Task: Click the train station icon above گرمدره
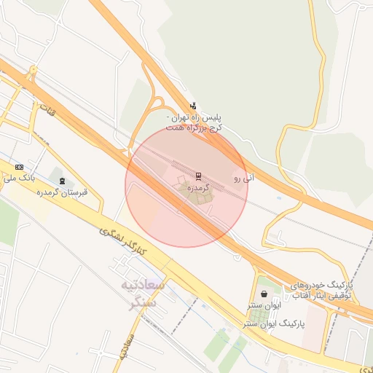coord(198,176)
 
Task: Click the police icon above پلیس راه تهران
coord(192,105)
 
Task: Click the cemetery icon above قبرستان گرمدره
coord(62,180)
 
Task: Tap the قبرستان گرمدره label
coord(63,192)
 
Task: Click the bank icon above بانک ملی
coord(18,167)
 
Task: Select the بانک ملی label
coord(19,177)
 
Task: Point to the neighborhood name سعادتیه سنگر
coord(143,293)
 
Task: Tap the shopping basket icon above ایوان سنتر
coord(263,294)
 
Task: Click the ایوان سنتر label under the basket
coord(263,306)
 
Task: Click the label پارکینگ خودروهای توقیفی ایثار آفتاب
coord(321,290)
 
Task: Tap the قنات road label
coord(47,114)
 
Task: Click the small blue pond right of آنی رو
coord(279,196)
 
